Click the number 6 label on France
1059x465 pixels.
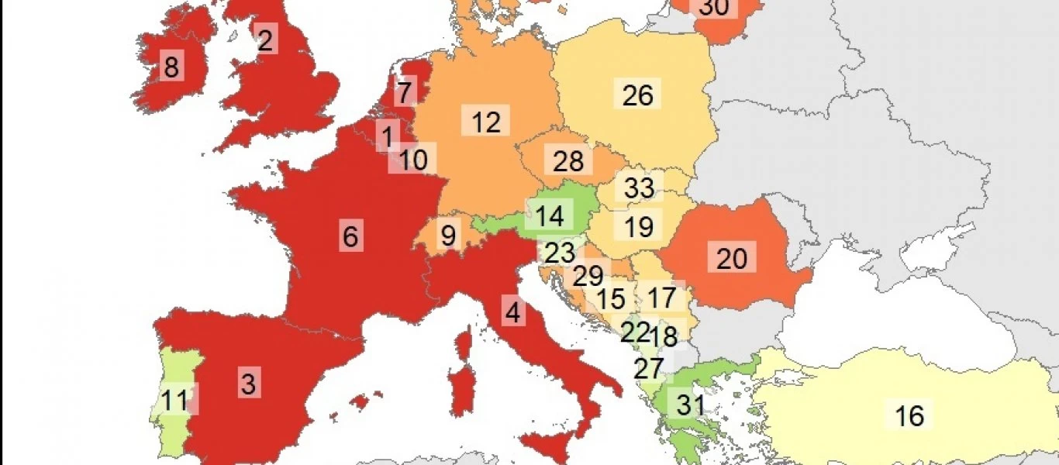pos(350,236)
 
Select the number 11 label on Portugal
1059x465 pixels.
pos(175,400)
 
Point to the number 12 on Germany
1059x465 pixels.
pos(486,122)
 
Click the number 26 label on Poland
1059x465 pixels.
pos(638,95)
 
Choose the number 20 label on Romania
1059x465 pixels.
pos(731,259)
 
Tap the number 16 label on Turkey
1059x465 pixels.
pos(909,415)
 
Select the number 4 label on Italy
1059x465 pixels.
pos(512,314)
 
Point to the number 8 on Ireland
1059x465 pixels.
pos(171,67)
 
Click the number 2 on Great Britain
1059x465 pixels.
pos(265,40)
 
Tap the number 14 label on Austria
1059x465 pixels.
pos(550,216)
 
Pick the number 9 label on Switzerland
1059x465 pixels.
pos(448,236)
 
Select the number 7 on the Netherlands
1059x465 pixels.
pos(404,93)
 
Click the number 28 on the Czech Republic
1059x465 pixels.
pos(568,161)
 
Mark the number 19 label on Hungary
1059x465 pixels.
pos(639,226)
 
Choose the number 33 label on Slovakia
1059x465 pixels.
pos(639,188)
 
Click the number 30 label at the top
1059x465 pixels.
pos(714,8)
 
